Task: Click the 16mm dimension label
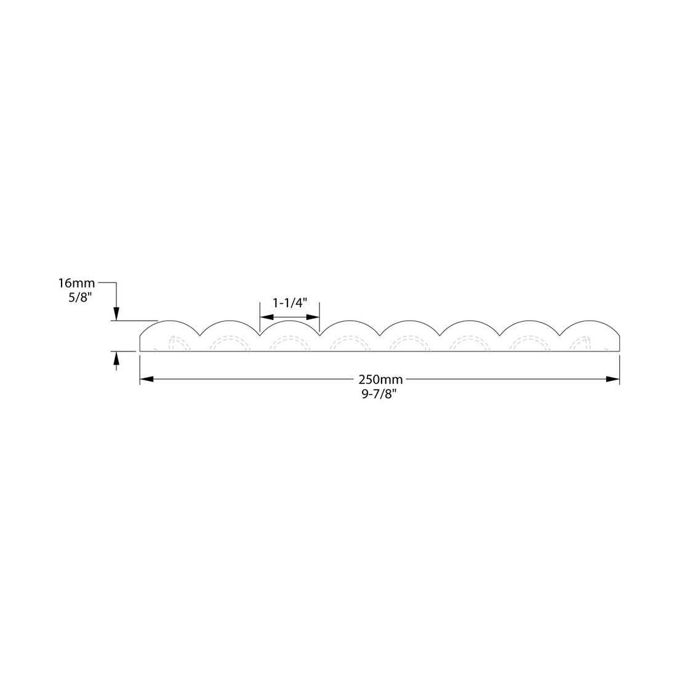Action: coord(76,284)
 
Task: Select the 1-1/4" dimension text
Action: coord(289,303)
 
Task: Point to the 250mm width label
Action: coord(380,380)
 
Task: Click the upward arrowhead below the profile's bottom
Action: coord(116,358)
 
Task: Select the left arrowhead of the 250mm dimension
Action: coord(147,379)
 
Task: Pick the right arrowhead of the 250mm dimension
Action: coord(612,379)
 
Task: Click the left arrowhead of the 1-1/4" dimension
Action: coord(266,316)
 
